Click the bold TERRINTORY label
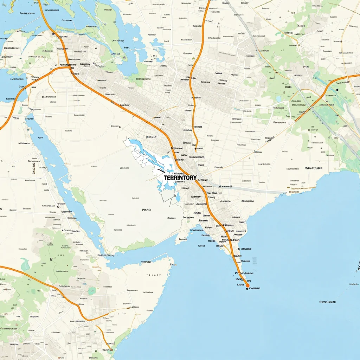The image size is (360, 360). (180, 178)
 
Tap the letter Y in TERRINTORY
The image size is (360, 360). (194, 178)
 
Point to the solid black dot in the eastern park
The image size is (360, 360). (337, 90)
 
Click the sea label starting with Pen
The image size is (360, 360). (327, 302)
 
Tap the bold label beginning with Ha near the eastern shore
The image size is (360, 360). (313, 168)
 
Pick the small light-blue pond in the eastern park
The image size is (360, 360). (279, 99)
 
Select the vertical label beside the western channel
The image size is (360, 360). (34, 168)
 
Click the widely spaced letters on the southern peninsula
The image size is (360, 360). (153, 275)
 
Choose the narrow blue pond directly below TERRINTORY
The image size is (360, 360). (178, 197)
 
